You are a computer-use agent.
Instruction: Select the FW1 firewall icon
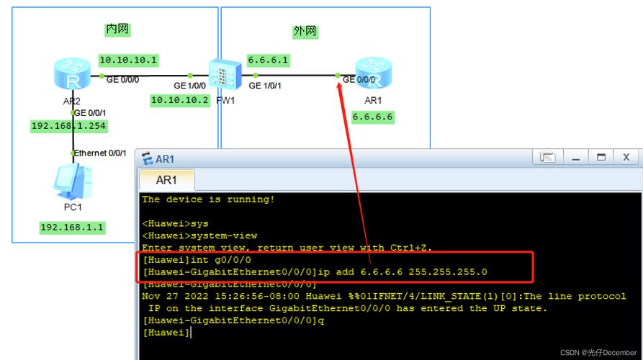(224, 75)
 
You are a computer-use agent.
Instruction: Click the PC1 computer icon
(73, 181)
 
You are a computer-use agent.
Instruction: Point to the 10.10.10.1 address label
(128, 60)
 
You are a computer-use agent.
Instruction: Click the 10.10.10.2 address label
(179, 100)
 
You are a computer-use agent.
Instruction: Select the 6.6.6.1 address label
(268, 60)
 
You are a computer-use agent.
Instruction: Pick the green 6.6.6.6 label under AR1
(373, 117)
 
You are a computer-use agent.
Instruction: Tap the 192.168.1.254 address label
(68, 126)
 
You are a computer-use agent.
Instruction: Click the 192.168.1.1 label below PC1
(72, 228)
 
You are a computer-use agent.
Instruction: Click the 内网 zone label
(117, 30)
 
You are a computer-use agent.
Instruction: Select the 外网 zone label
(305, 32)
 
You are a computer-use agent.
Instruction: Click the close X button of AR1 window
(626, 157)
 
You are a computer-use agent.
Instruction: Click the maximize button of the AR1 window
(601, 157)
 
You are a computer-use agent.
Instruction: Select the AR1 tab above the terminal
(166, 180)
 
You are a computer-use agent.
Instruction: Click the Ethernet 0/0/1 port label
(100, 153)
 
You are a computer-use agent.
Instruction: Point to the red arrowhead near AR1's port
(341, 86)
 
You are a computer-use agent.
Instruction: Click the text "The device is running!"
(208, 199)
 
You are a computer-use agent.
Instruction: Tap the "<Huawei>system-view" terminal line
(199, 235)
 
